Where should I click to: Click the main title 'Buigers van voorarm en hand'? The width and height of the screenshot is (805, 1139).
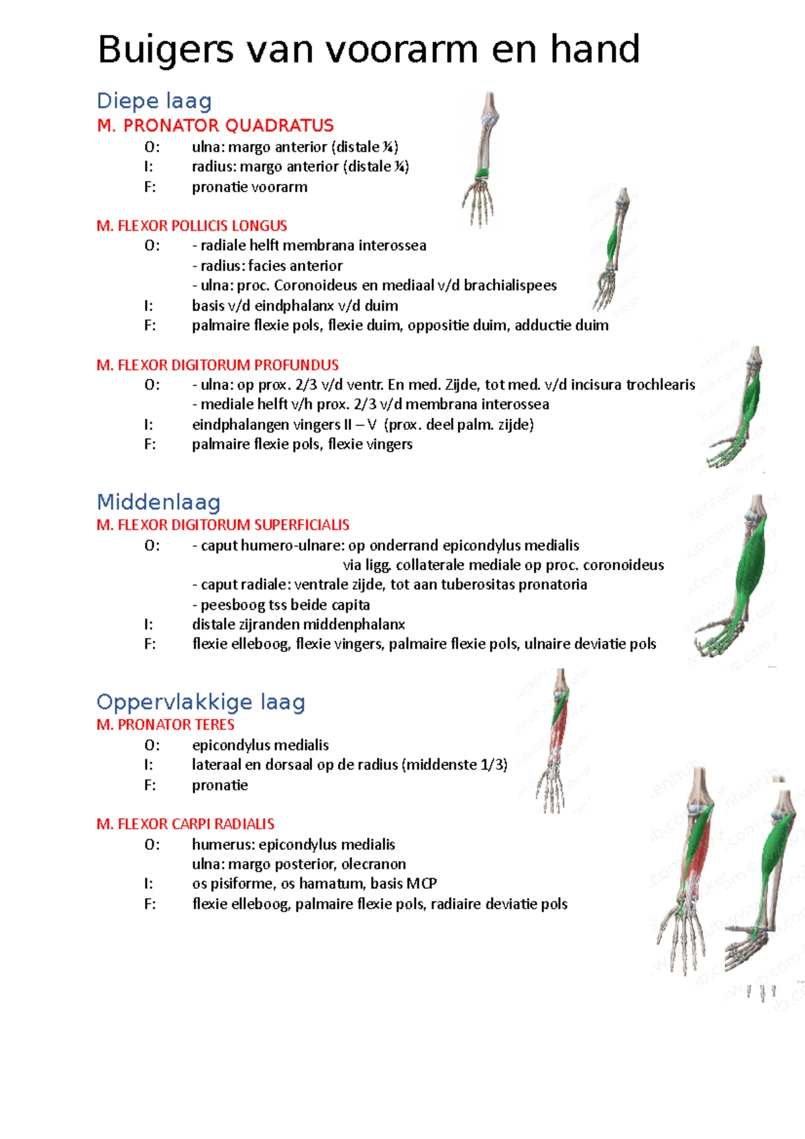click(368, 50)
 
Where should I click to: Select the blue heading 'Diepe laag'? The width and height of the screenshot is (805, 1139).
click(154, 101)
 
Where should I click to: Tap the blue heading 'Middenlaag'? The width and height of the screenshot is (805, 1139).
click(158, 502)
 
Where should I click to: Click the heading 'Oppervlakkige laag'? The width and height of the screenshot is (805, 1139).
click(201, 702)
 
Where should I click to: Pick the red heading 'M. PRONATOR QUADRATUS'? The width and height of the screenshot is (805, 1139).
click(215, 125)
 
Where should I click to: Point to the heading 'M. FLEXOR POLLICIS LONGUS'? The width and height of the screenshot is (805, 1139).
click(192, 225)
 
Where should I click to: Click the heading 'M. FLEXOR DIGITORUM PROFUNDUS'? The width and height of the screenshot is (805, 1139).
click(217, 365)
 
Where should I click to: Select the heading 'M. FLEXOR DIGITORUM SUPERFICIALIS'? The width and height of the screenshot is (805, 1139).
click(223, 525)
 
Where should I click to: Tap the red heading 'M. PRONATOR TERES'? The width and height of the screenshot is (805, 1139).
click(165, 724)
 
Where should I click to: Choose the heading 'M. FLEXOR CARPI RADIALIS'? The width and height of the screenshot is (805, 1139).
click(185, 824)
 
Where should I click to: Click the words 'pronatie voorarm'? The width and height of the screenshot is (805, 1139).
click(250, 187)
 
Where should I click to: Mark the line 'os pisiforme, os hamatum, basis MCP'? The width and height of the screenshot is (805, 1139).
click(314, 883)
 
